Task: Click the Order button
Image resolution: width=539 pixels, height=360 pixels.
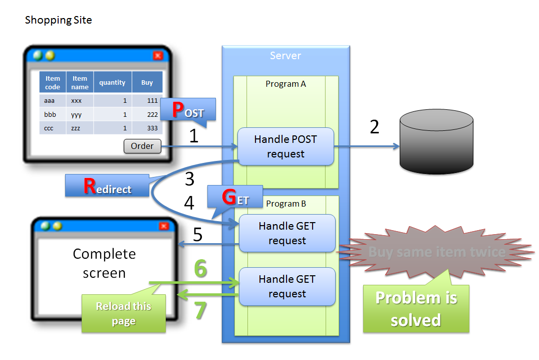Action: point(142,146)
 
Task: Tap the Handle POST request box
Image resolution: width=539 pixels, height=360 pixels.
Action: point(286,146)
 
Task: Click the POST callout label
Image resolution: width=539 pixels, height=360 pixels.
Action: point(188,110)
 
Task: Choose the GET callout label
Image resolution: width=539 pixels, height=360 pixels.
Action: point(235,197)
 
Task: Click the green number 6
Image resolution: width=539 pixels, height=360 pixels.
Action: point(200,269)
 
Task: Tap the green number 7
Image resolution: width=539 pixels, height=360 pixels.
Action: point(200,310)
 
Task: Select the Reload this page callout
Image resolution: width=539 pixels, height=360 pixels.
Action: point(124,313)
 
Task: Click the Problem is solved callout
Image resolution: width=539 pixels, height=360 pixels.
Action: point(416,308)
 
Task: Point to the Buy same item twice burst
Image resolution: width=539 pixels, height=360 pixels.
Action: point(436,251)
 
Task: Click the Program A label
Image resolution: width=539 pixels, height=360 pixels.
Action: point(286,84)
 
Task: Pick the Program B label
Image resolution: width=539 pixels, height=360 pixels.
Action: point(286,204)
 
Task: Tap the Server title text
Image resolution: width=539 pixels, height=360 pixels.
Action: point(286,56)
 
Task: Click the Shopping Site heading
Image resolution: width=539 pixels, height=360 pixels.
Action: point(58,20)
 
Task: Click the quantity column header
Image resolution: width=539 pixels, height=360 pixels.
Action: point(112,83)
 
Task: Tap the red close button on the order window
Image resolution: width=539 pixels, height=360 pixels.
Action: point(158,56)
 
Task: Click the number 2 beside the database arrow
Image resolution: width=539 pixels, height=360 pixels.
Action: point(374,127)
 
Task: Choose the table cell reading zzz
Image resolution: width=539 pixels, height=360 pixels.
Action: point(77,128)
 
